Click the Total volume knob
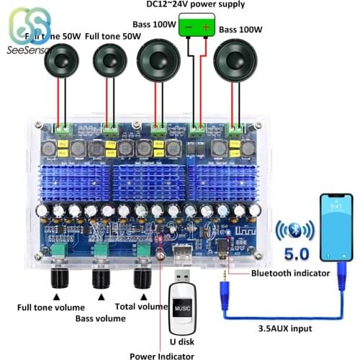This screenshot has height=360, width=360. click(x=141, y=278)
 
